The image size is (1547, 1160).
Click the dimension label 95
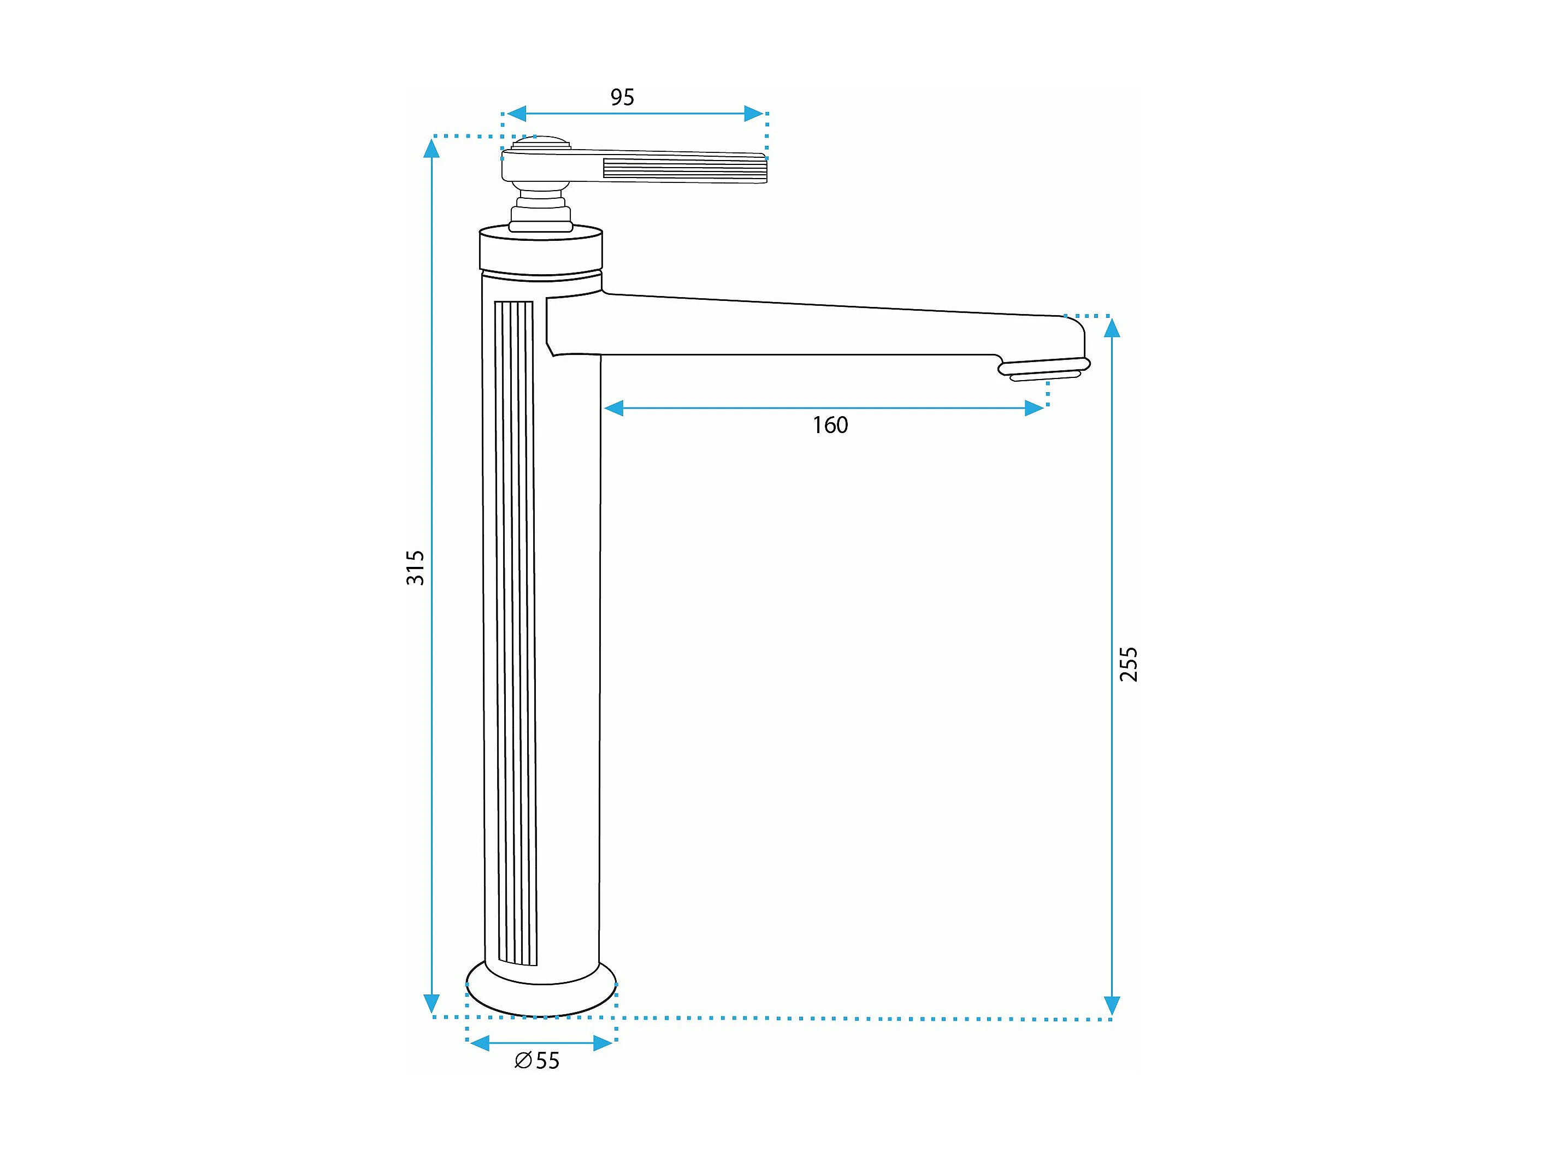[x=622, y=97]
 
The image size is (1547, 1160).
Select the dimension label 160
[x=830, y=425]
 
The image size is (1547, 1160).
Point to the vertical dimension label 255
[x=1129, y=664]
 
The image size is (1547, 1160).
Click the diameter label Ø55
[x=536, y=1061]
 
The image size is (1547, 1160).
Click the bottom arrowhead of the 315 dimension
[x=432, y=1003]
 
